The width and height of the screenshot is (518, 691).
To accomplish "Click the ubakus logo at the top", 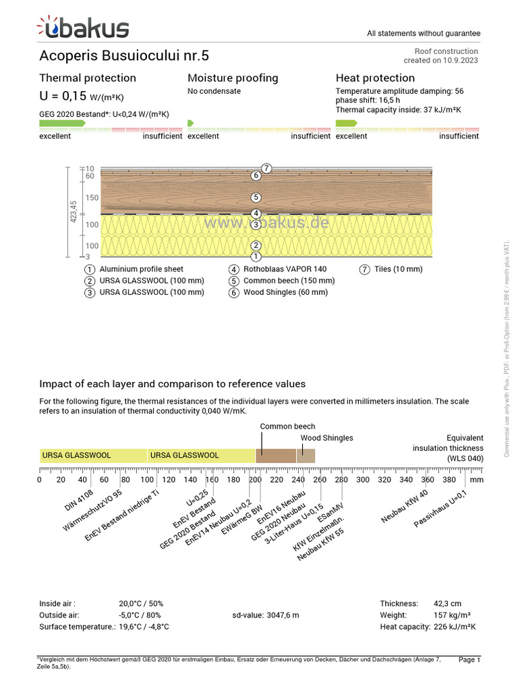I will pos(82,28).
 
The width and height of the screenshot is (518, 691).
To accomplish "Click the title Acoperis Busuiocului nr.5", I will pos(124,55).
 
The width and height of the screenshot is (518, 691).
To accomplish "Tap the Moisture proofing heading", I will pos(233,78).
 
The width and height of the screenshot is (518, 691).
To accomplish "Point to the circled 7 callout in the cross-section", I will pos(266,168).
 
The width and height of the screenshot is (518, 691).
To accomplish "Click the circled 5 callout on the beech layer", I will pos(256,198).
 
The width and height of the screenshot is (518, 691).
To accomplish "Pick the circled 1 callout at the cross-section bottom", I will pos(256,256).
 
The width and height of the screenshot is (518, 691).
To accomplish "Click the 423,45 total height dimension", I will pos(74,212).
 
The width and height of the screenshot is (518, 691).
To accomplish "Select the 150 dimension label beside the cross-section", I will pos(92,198).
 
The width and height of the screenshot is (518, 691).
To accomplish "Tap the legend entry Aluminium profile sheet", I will pos(141,269).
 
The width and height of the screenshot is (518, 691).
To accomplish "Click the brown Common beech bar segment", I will pos(276,455).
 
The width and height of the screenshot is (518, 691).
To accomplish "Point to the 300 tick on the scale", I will pos(362,480).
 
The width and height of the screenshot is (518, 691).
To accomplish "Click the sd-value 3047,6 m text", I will pos(265,615).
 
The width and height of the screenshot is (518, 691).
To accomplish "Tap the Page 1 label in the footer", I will pos(469,659).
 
